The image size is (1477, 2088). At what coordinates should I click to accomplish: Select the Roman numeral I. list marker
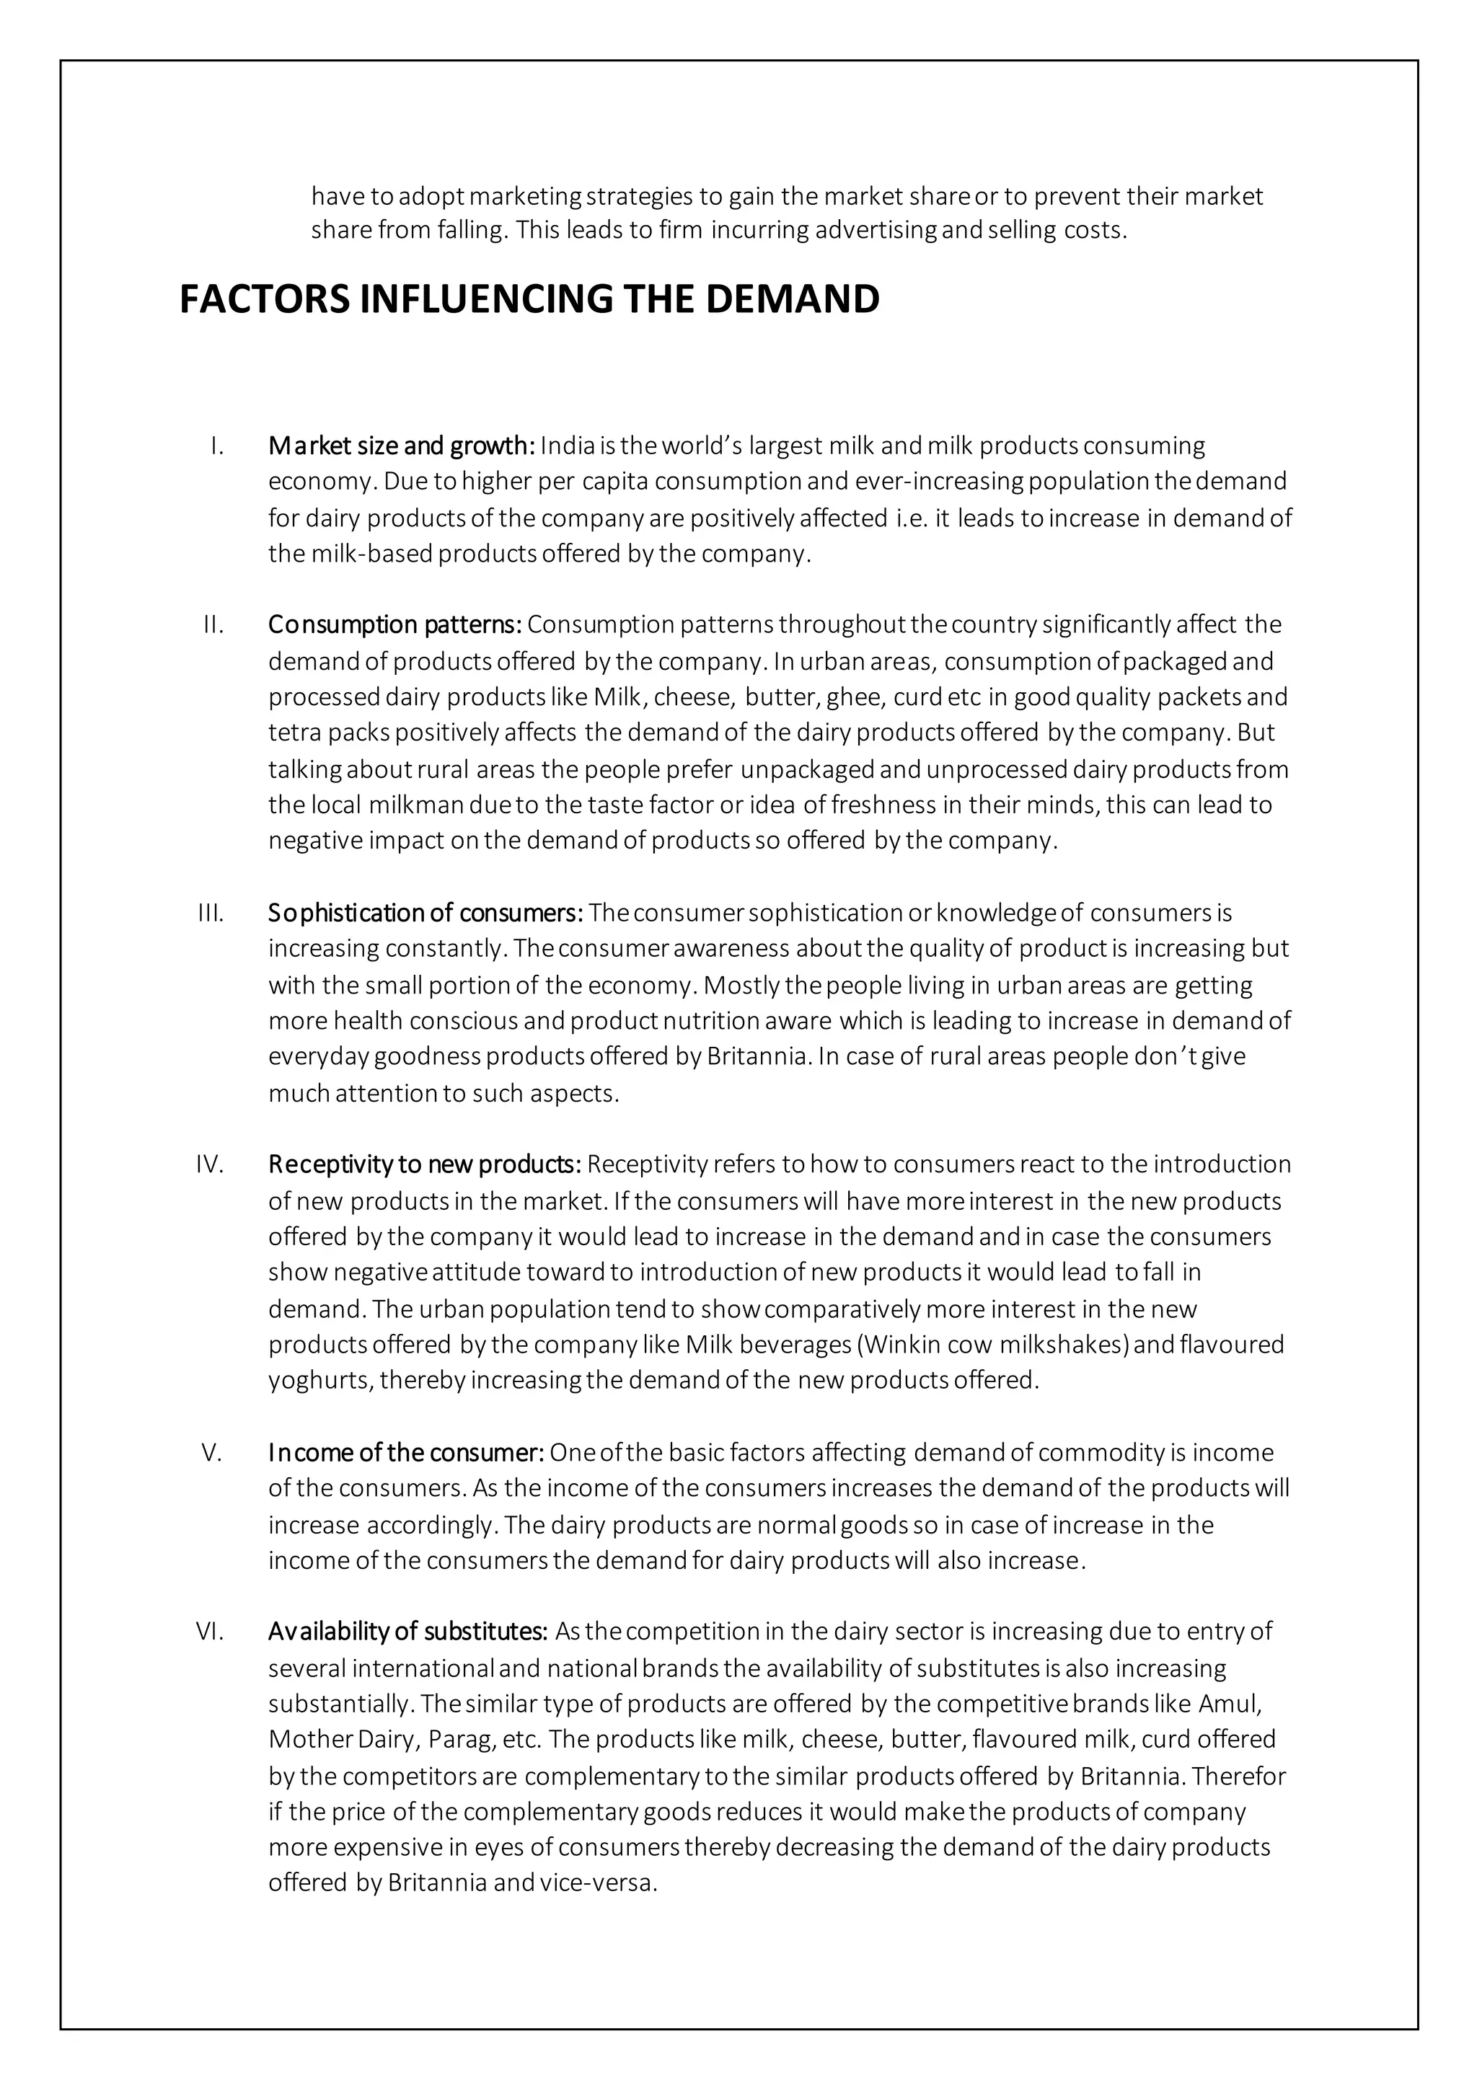216,446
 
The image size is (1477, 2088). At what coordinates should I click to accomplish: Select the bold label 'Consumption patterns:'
394,625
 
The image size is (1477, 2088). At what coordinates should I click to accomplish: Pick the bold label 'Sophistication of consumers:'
425,912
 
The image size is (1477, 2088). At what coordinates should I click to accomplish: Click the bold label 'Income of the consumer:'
405,1452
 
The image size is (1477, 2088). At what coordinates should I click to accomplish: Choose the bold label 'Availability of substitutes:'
407,1632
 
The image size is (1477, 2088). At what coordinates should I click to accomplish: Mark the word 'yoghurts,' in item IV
320,1381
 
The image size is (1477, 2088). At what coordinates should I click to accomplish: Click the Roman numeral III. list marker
211,912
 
